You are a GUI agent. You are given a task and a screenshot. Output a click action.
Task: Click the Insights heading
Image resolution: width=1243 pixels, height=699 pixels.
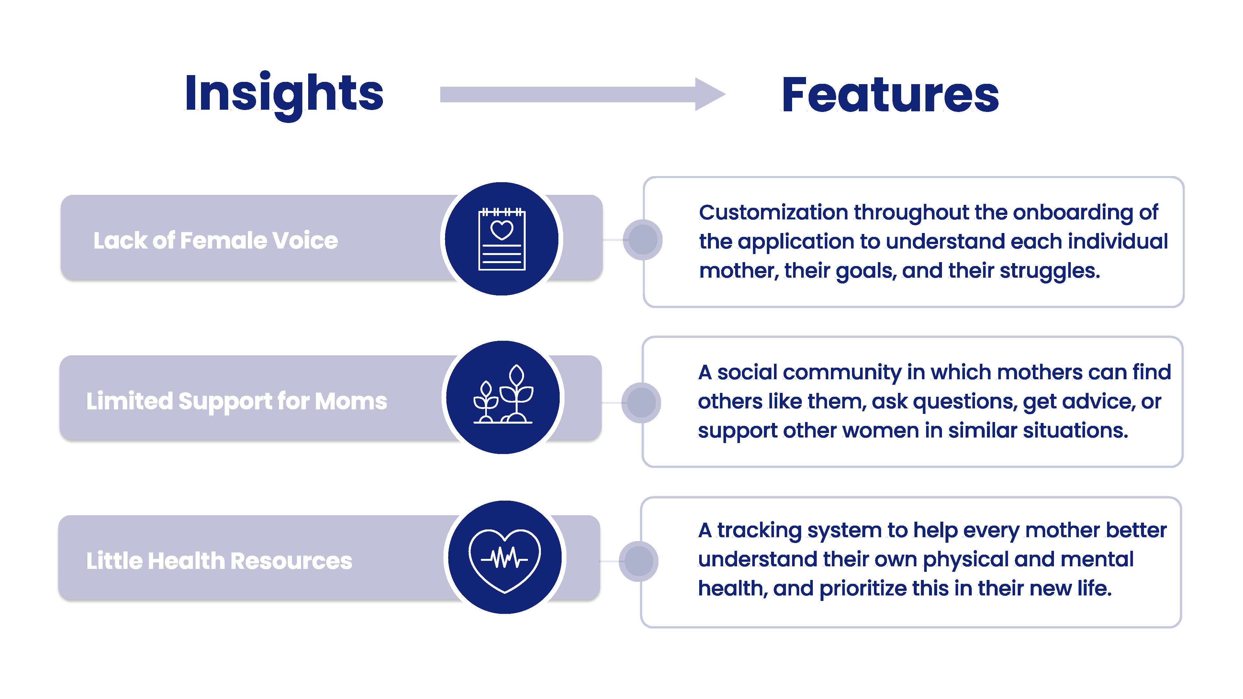[284, 95]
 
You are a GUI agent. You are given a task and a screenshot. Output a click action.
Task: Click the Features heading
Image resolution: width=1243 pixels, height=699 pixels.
[890, 95]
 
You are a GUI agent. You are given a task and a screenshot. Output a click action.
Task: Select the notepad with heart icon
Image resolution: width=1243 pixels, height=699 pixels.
[502, 239]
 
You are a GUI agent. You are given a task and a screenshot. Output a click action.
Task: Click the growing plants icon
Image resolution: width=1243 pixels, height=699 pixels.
[503, 394]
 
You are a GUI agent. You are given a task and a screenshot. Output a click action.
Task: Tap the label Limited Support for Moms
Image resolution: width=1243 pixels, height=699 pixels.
[236, 401]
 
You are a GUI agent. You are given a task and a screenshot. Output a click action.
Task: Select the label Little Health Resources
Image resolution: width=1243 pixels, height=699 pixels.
[219, 560]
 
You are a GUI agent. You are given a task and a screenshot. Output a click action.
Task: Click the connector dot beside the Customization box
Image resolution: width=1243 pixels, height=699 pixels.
[643, 240]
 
